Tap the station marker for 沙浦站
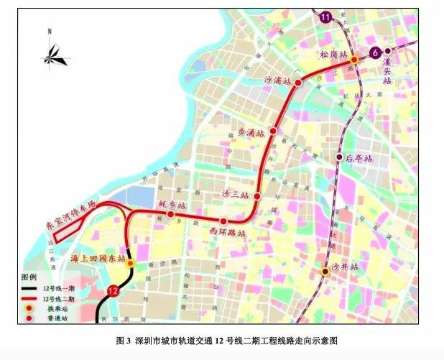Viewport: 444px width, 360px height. click(298, 83)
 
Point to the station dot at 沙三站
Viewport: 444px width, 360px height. click(257, 195)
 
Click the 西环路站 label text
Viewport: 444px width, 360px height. click(228, 234)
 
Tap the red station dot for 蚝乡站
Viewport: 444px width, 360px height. click(171, 213)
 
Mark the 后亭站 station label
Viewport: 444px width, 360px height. click(359, 157)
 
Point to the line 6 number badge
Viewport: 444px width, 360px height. click(374, 52)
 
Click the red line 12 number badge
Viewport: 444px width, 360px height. click(113, 290)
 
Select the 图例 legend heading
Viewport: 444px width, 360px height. click(28, 277)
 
